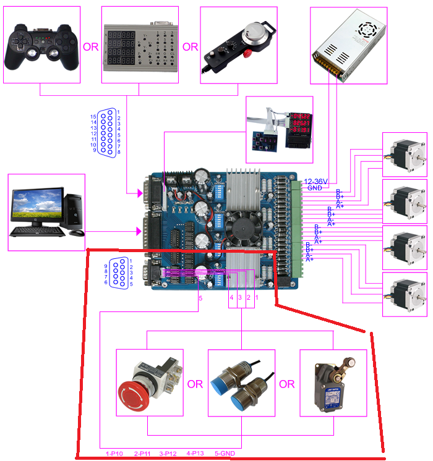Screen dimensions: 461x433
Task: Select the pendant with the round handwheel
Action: pos(238,43)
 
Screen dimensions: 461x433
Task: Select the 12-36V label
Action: pos(316,182)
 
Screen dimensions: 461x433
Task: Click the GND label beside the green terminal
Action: pos(314,188)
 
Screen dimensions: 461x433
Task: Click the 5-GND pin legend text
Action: pos(224,454)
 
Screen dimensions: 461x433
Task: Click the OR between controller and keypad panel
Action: pos(91,47)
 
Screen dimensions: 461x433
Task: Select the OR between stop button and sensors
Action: pos(195,384)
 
